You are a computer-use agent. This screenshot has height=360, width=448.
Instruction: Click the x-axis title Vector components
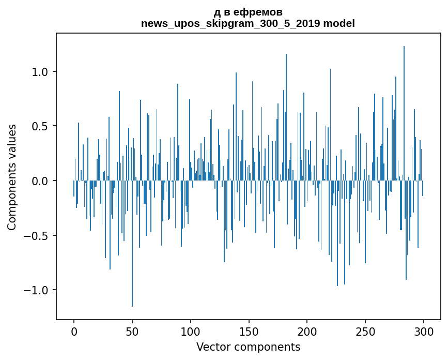click(248, 347)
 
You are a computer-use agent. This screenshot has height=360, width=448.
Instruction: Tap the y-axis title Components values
click(12, 177)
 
